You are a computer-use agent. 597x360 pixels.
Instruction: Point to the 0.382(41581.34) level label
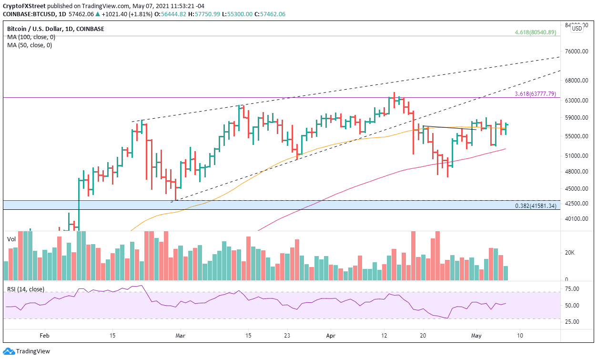coord(536,206)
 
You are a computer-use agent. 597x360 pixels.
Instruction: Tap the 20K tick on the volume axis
coord(570,253)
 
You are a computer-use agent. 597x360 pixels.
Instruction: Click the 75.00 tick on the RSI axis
coord(571,289)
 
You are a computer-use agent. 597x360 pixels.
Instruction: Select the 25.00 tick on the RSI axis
coord(571,321)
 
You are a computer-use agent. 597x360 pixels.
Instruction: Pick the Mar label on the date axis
coord(179,335)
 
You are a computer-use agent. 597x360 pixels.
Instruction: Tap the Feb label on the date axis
coord(44,335)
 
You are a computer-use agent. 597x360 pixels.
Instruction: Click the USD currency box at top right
coord(577,29)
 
